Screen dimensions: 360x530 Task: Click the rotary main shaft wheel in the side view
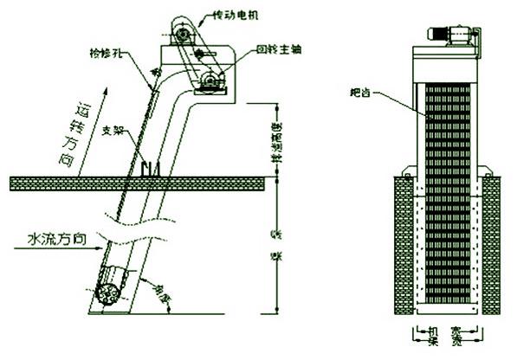coord(210,83)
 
